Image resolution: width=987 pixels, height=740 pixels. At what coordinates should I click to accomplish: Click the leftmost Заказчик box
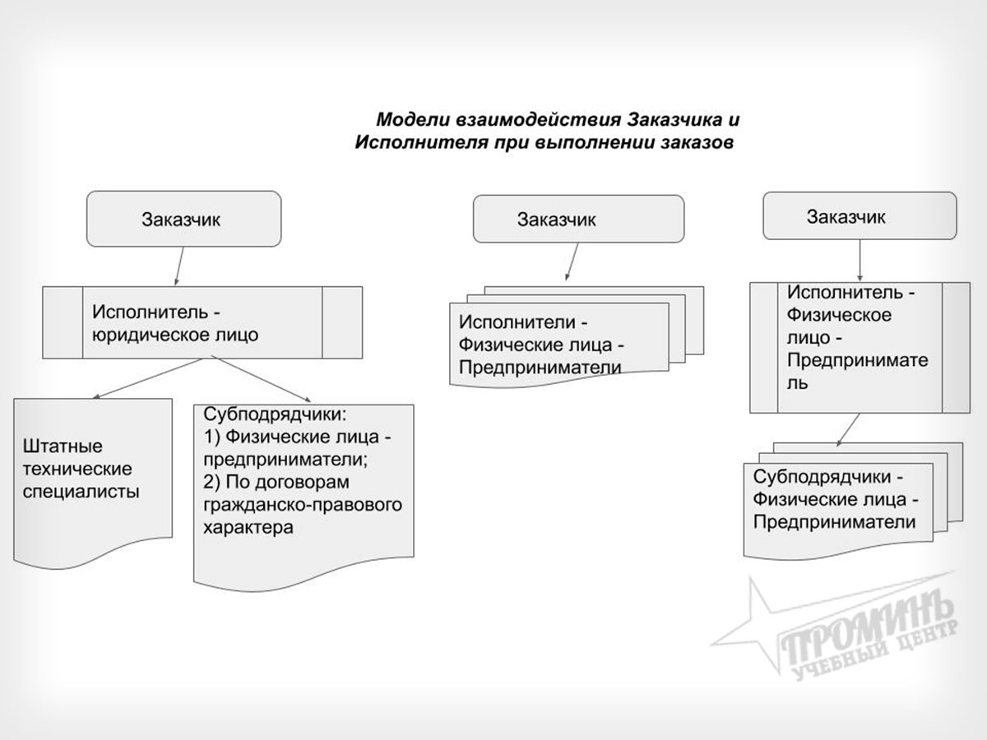(184, 219)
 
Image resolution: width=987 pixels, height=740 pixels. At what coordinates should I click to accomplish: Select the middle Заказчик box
(577, 220)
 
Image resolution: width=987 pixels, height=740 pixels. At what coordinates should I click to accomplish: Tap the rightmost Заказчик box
(860, 217)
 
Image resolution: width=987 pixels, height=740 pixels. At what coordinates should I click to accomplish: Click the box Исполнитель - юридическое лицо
(202, 322)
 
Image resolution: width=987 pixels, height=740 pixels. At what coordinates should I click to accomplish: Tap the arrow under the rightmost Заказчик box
(860, 261)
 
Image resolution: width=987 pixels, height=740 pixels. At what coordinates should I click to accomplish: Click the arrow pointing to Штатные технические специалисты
(148, 378)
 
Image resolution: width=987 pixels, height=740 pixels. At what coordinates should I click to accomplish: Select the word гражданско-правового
(303, 504)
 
